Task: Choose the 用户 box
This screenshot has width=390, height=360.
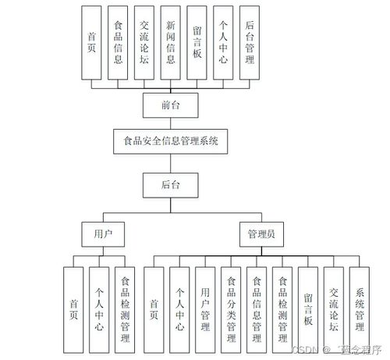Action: (103, 233)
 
